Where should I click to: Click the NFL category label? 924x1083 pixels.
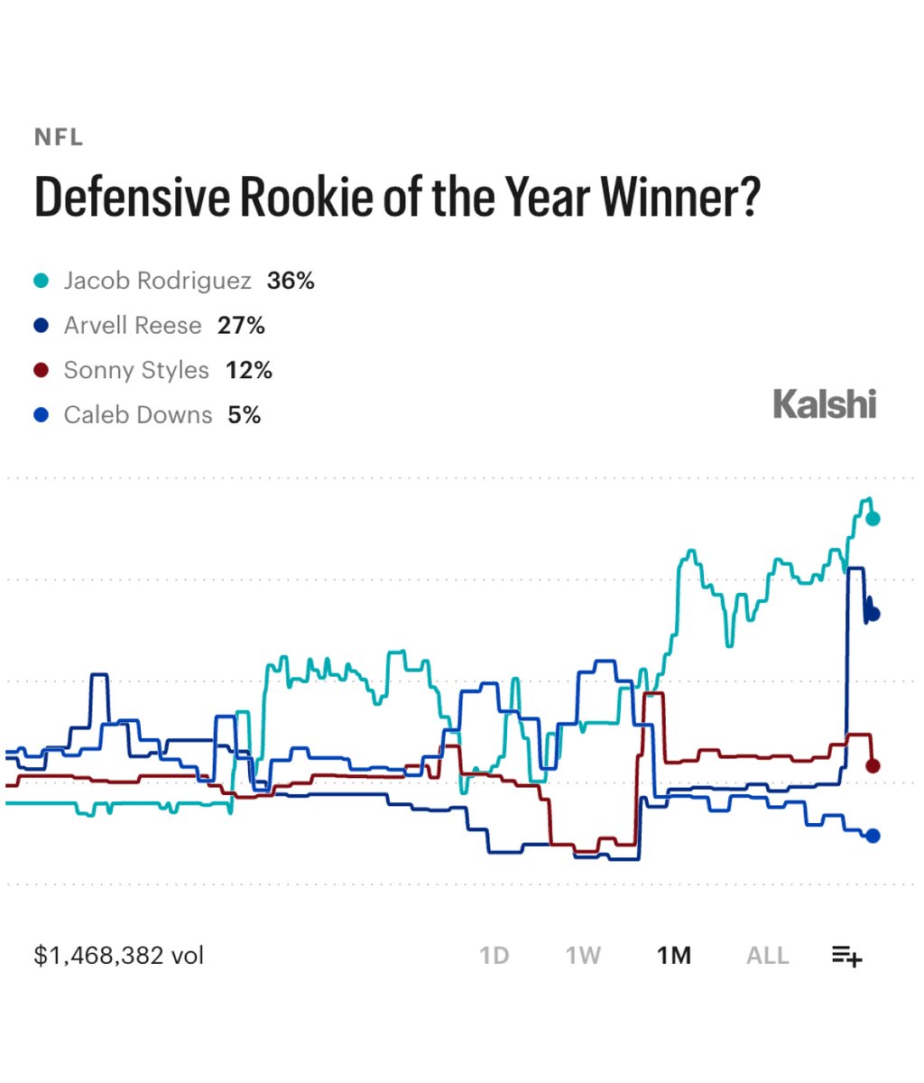pos(59,138)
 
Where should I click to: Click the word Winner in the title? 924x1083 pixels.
pos(680,197)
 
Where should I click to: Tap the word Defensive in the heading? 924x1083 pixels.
pos(132,197)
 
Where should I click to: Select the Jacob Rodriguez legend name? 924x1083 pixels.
pos(158,281)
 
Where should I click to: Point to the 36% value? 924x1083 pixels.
pos(291,281)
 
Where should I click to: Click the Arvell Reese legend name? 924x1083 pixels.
pos(133,326)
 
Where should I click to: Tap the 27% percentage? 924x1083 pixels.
pos(241,326)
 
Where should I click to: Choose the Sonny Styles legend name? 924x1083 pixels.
pos(136,370)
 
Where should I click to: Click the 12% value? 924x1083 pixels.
pos(249,370)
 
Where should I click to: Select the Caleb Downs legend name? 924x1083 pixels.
pos(138,415)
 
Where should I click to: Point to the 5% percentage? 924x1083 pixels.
pos(245,415)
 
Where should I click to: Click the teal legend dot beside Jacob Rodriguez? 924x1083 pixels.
pos(42,281)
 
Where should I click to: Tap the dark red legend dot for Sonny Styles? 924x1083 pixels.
pos(42,370)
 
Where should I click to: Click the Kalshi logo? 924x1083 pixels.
pos(825,404)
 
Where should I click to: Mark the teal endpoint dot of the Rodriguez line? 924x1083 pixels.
pos(873,519)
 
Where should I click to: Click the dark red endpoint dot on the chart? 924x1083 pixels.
pos(873,766)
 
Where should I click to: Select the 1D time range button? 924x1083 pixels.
pos(494,956)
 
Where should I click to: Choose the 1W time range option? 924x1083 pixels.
pos(583,956)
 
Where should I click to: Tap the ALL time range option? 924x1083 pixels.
pos(767,956)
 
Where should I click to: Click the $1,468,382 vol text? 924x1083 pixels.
pos(119,956)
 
